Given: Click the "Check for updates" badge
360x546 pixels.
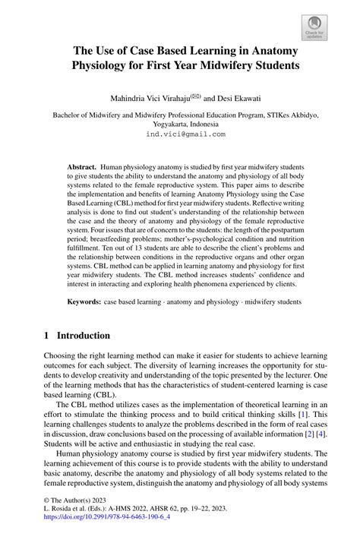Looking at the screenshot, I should point(314,27).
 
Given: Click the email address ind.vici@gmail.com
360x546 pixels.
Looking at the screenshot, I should point(185,134).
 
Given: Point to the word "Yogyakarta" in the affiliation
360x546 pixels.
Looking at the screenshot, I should point(157,125).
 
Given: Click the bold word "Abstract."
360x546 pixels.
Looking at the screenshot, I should point(81,166).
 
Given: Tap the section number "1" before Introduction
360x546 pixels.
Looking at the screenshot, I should point(47,335).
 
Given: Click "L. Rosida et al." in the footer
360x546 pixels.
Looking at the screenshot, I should point(70,525).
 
